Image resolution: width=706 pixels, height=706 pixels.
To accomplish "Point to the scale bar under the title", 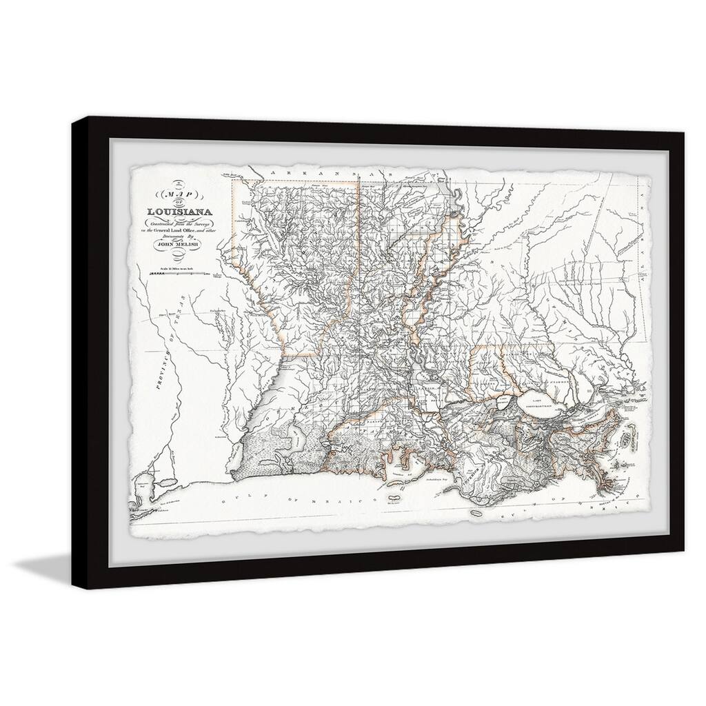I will pos(178,274).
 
